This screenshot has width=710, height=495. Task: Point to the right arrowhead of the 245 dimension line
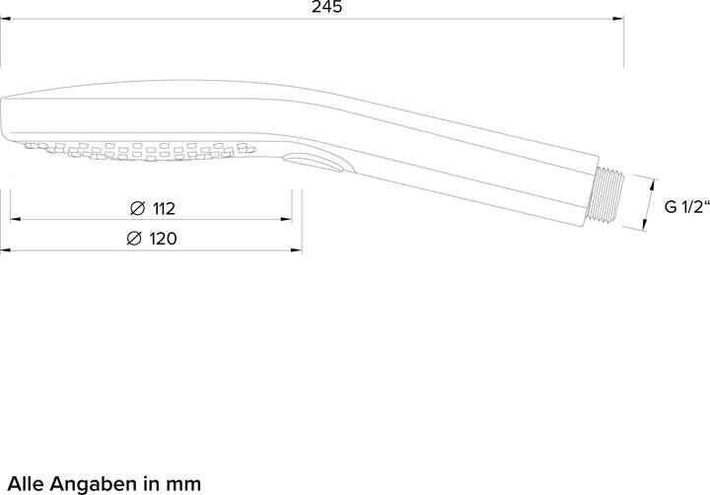point(618,20)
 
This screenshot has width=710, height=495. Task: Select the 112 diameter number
point(163,208)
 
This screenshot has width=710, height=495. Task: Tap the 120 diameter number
point(163,239)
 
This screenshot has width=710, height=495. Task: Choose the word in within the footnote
point(153,483)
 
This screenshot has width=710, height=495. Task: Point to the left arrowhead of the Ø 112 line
point(15,219)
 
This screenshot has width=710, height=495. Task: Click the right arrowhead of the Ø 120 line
point(298,249)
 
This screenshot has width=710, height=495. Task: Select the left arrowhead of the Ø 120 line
point(5,249)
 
